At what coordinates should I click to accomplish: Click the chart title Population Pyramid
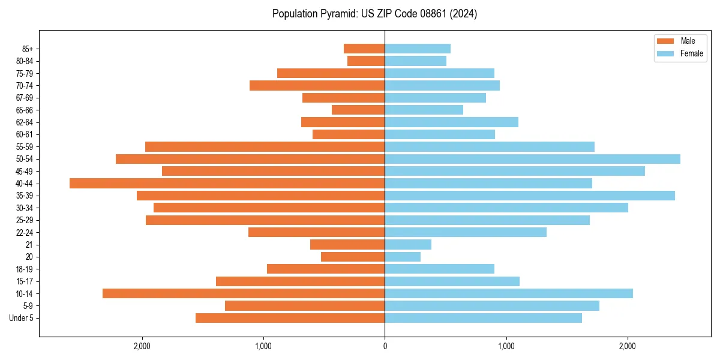click(x=374, y=14)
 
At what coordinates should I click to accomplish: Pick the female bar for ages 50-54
click(x=532, y=159)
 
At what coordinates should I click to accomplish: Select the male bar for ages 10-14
click(x=244, y=293)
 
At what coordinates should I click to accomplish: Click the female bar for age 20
click(x=403, y=257)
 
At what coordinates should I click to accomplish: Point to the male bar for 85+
click(x=364, y=49)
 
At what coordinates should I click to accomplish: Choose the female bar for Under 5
click(x=483, y=318)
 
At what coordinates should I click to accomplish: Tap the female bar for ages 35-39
click(x=530, y=196)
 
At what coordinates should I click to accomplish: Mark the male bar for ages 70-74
click(x=317, y=85)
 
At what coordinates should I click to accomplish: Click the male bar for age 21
click(x=347, y=244)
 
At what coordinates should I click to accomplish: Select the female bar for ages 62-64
click(x=451, y=122)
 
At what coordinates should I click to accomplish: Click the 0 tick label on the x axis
click(x=385, y=346)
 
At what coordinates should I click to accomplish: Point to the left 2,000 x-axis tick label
click(x=142, y=346)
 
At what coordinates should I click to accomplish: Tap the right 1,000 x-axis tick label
click(x=506, y=346)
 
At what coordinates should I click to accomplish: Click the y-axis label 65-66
click(x=24, y=110)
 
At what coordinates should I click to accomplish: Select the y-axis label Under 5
click(x=21, y=318)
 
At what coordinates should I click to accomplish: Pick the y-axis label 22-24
click(x=24, y=232)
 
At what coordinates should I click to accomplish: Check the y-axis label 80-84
click(x=24, y=61)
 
